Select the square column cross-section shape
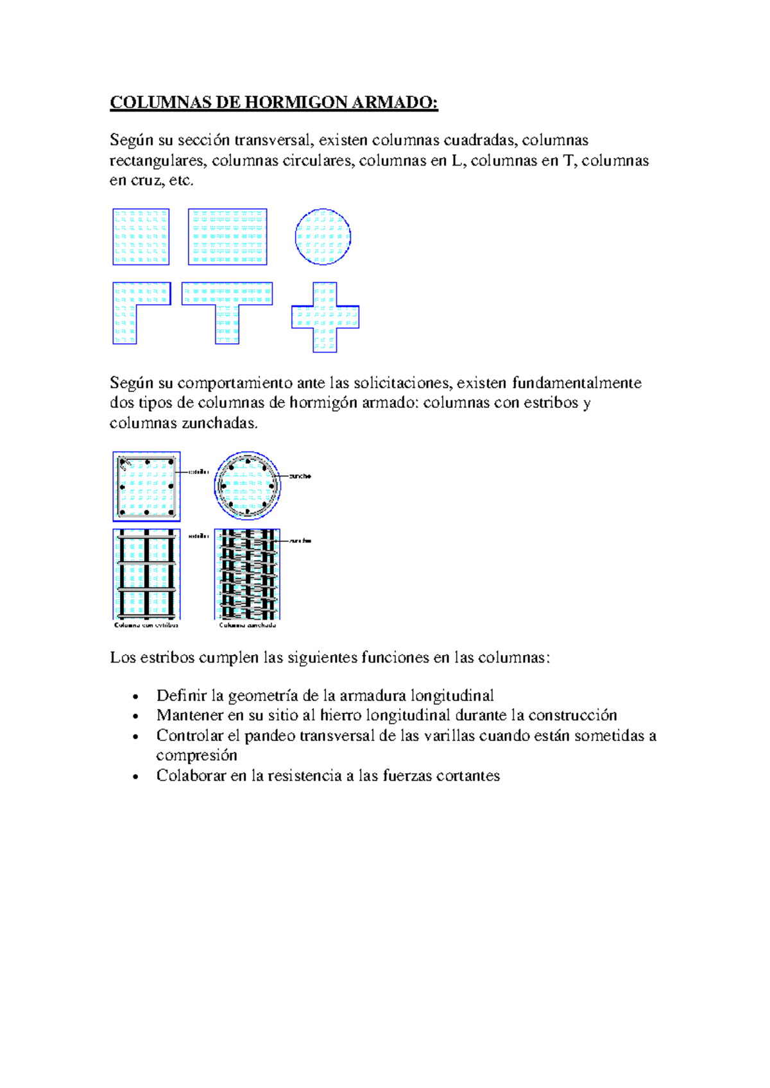coord(141,237)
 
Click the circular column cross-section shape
coord(323,237)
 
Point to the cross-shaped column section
coord(325,317)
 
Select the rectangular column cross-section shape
coord(227,237)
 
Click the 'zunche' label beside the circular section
coord(300,476)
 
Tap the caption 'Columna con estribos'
coord(146,625)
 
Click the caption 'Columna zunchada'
coord(248,625)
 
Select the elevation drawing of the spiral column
coord(248,574)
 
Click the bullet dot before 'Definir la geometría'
coord(135,697)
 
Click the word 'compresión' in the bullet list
coord(196,756)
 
